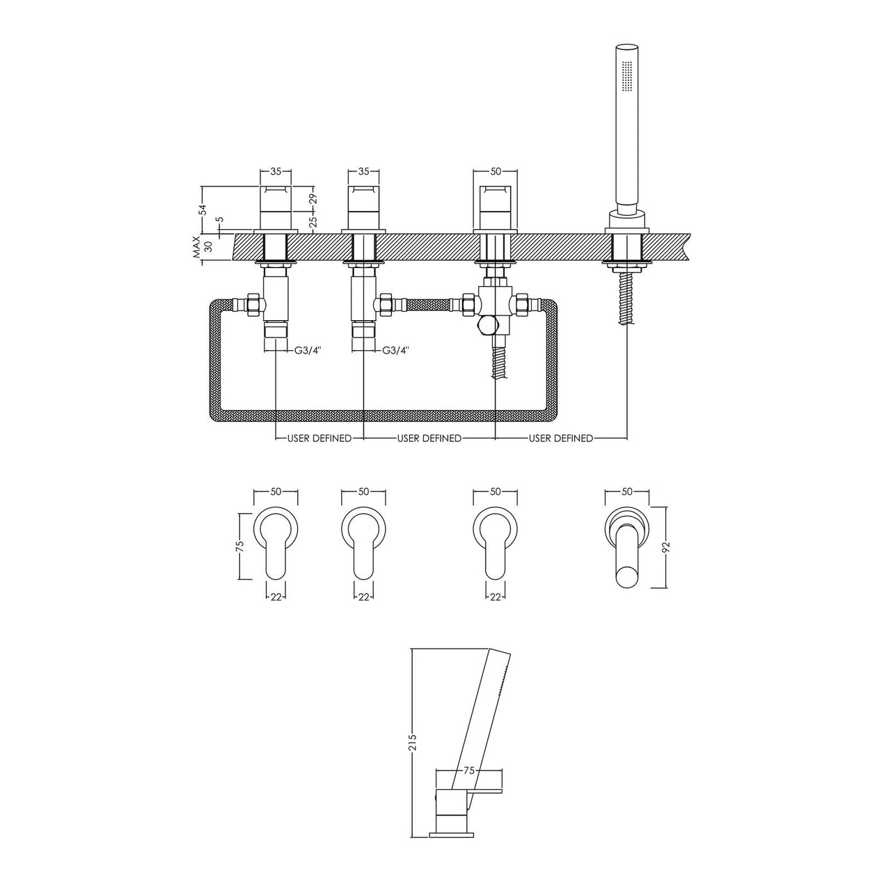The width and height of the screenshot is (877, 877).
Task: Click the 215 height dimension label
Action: click(412, 743)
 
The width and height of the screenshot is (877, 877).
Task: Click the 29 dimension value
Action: click(313, 198)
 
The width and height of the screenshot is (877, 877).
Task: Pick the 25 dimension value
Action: click(313, 221)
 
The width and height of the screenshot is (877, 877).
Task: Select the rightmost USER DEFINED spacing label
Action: click(561, 438)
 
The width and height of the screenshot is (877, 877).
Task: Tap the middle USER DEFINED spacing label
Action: click(429, 438)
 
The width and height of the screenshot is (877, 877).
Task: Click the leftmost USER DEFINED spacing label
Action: click(319, 438)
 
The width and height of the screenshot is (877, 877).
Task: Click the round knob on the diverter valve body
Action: click(487, 326)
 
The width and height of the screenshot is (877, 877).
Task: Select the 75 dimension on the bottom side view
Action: click(468, 771)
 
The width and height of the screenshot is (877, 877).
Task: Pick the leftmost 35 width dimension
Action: click(276, 171)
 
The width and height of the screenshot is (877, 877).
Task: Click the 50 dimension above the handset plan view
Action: click(626, 491)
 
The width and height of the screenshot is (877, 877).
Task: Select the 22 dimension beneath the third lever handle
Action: click(496, 596)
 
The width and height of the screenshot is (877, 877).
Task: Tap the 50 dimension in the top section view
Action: click(496, 171)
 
